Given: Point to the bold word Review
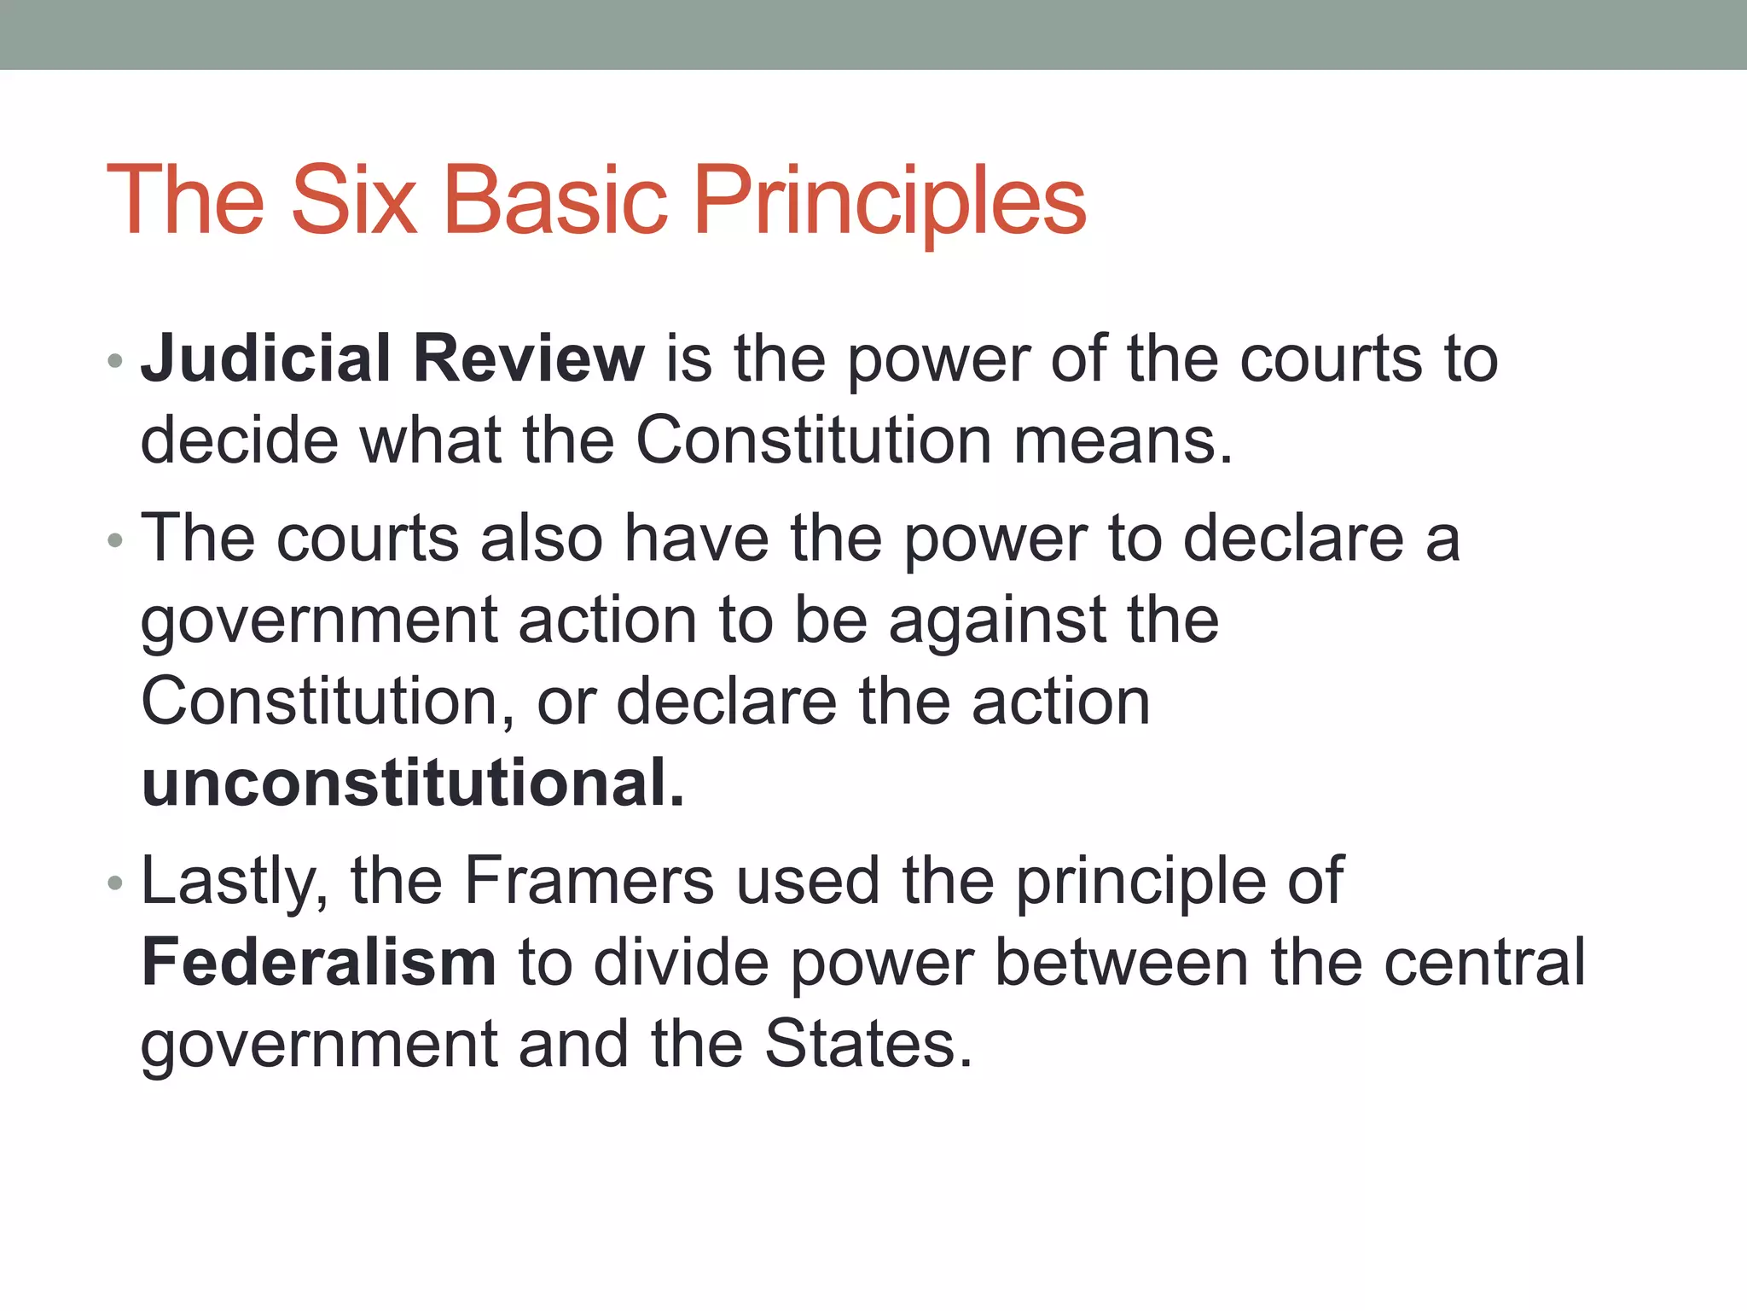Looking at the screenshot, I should tap(529, 359).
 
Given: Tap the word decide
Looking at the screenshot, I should tap(239, 441).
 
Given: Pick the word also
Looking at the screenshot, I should tap(543, 539).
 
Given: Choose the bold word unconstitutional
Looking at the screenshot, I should tap(413, 783).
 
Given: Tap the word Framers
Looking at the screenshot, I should tap(589, 881).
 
